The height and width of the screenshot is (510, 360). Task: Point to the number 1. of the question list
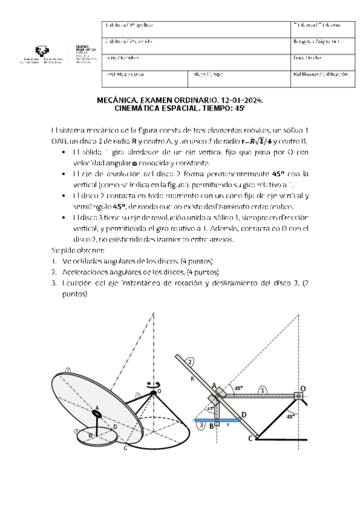[x=53, y=260]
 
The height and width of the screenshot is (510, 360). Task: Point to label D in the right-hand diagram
[x=243, y=414]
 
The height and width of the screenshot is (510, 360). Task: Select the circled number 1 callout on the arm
[x=263, y=389]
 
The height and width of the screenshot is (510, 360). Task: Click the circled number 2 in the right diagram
[x=190, y=362]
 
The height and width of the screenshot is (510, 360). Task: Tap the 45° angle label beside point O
[x=291, y=416]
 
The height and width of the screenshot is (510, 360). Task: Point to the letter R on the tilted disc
[x=191, y=380]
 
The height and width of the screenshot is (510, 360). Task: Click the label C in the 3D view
[x=124, y=448]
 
